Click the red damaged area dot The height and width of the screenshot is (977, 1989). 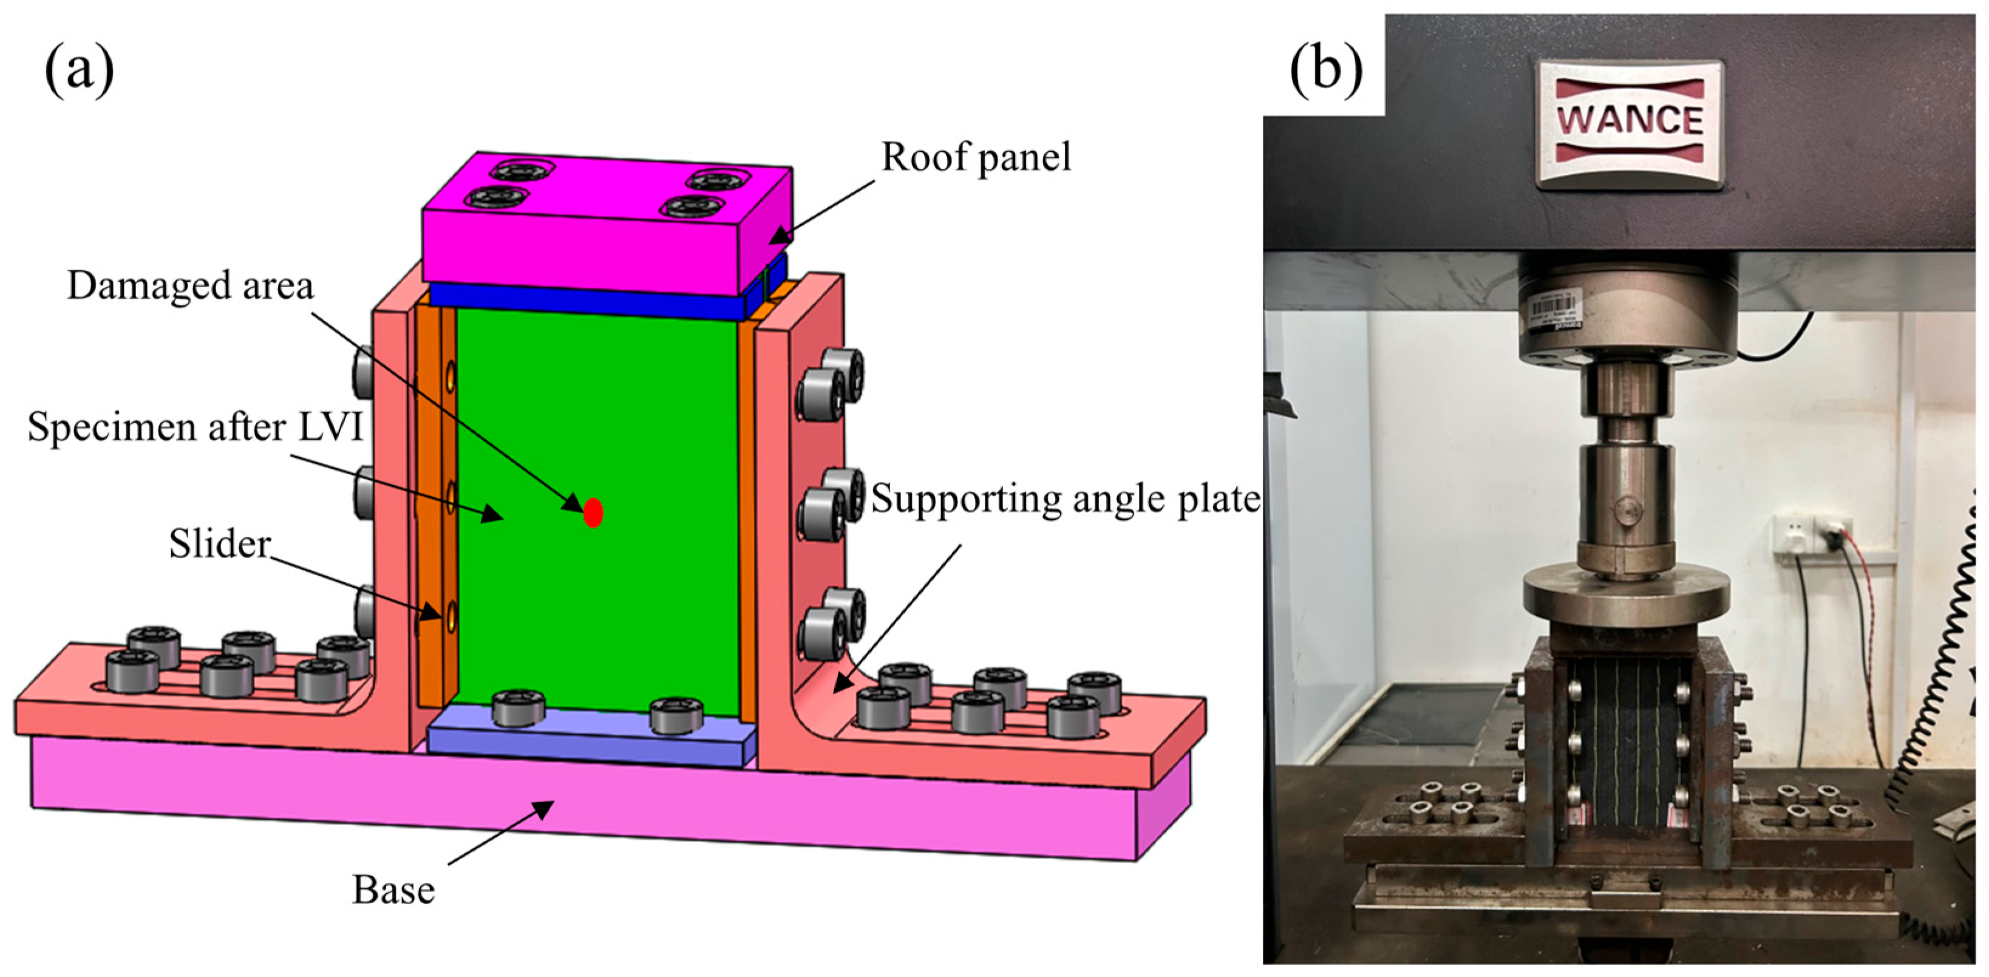point(592,512)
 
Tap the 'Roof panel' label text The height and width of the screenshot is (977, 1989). point(976,157)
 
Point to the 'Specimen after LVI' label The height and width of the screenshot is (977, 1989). point(195,426)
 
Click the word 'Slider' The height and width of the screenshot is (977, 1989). point(220,543)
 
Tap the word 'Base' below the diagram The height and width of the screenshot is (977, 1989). point(393,890)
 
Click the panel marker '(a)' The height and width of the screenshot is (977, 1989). point(79,71)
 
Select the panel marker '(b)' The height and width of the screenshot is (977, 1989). point(1326,71)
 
